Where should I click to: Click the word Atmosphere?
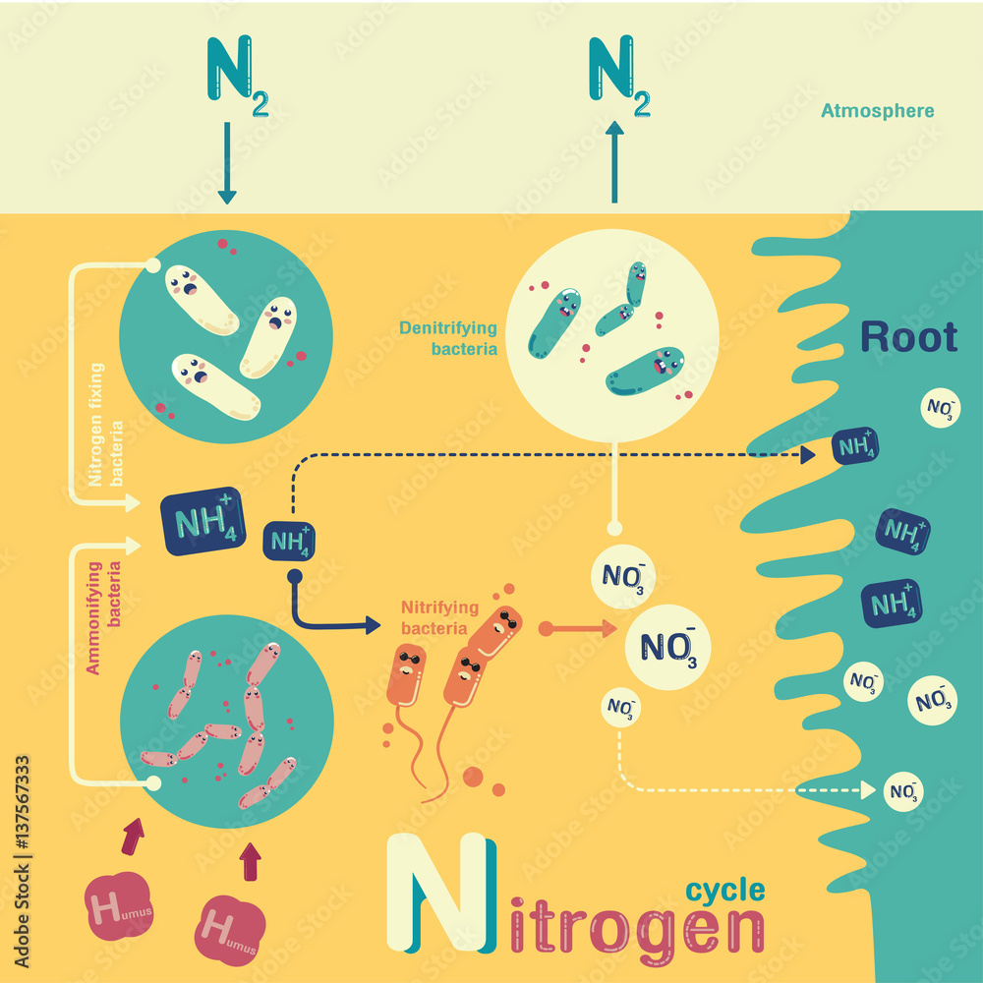[x=877, y=111]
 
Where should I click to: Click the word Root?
[x=908, y=337]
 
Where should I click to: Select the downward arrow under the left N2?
[x=227, y=163]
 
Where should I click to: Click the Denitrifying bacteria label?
[x=448, y=337]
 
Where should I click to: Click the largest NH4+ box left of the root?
[x=205, y=523]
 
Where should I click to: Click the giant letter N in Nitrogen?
[x=436, y=893]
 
